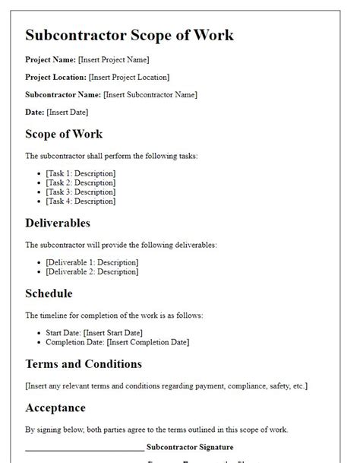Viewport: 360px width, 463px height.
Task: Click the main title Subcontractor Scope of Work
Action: pos(129,35)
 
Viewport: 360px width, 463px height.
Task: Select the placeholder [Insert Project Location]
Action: pos(129,77)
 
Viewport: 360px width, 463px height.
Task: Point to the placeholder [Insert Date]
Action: pos(68,113)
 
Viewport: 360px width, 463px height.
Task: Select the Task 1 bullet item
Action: pos(81,174)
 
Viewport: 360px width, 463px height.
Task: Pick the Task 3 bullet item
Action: pos(81,192)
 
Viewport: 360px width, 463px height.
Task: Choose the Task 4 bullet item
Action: pos(81,201)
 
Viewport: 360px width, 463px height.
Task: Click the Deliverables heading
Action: pos(58,224)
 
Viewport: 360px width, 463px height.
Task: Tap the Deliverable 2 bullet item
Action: pos(92,271)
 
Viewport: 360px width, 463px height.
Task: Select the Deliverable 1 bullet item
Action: pos(92,262)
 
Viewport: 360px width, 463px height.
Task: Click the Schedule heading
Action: pos(49,293)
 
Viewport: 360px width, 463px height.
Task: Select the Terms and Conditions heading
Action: pos(84,364)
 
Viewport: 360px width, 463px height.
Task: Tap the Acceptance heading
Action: pos(55,408)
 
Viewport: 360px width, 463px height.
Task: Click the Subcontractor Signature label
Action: pos(190,447)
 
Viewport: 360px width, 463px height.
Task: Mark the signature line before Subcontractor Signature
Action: pos(84,449)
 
